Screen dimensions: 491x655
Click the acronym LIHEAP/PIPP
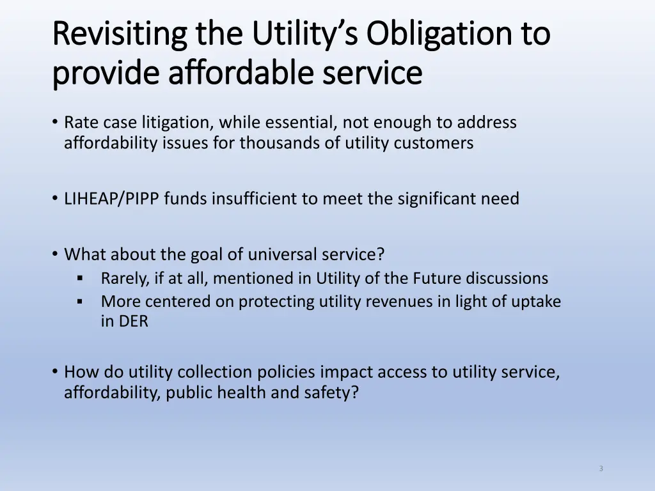[x=112, y=199]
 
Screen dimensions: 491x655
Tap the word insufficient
[x=255, y=199]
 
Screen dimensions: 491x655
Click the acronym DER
[x=132, y=322]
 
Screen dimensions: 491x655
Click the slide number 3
[x=601, y=469]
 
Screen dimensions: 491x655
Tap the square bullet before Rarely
[x=80, y=279]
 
